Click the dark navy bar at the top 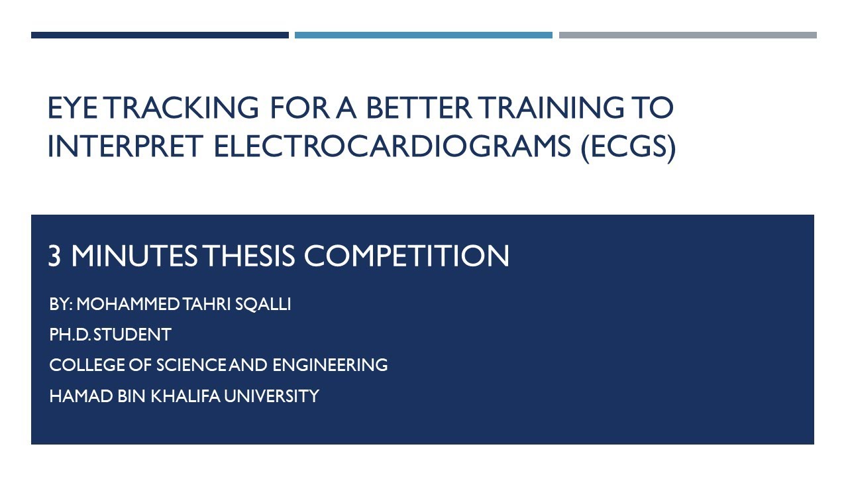[x=160, y=35]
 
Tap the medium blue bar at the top [x=423, y=35]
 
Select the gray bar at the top [x=688, y=35]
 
